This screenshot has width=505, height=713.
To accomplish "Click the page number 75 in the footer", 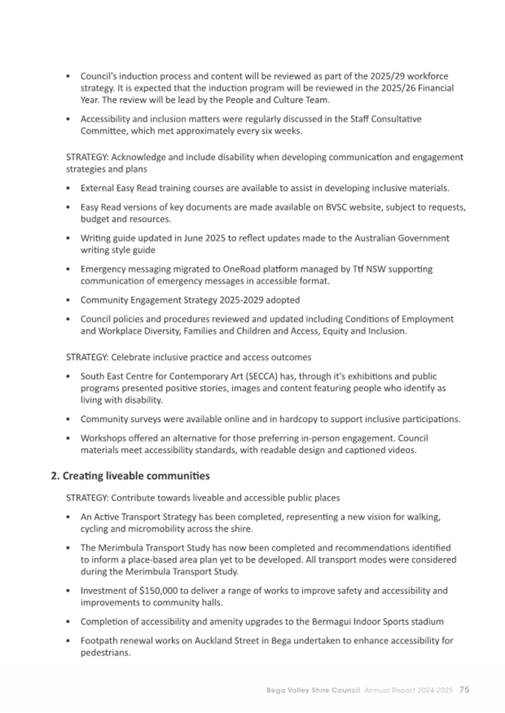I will point(464,689).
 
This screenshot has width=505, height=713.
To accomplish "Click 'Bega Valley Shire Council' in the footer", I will point(313,689).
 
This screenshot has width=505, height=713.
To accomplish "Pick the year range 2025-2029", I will point(245,300).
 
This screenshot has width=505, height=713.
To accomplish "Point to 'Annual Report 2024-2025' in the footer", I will point(408,689).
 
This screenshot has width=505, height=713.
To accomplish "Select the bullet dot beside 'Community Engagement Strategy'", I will point(69,300).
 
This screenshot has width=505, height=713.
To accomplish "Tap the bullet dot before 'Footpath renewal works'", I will point(69,641).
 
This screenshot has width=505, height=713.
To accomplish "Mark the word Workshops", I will point(103,438).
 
